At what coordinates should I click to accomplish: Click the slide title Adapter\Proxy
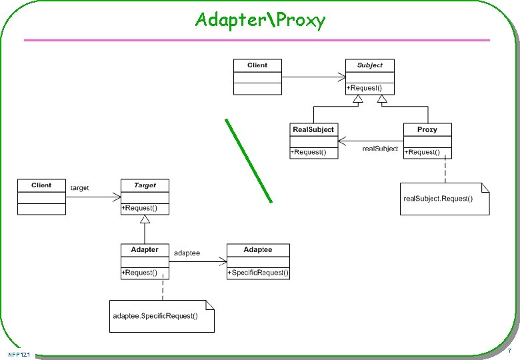coord(260,20)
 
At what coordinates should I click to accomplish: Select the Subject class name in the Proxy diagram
coord(369,65)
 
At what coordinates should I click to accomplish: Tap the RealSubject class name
coord(313,129)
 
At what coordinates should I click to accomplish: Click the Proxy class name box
coord(427,129)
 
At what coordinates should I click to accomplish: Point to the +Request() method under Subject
coord(364,88)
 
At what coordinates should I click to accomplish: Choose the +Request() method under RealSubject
coord(309,153)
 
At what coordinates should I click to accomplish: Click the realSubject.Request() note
coord(438,199)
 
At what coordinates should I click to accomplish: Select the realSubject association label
coord(380,148)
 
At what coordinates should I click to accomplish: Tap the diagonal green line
coord(249,160)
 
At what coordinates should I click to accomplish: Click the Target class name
coord(145,185)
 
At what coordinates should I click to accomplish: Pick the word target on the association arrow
coord(79,188)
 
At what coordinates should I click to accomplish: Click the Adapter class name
coord(145,249)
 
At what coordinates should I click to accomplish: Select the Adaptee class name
coord(258,249)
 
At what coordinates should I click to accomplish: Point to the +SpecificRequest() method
coord(258,273)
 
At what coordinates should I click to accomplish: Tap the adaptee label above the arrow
coord(187,253)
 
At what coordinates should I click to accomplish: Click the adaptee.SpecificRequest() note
coord(155,316)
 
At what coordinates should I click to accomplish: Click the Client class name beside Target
coord(41,185)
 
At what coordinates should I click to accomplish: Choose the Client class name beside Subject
coord(257,65)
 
